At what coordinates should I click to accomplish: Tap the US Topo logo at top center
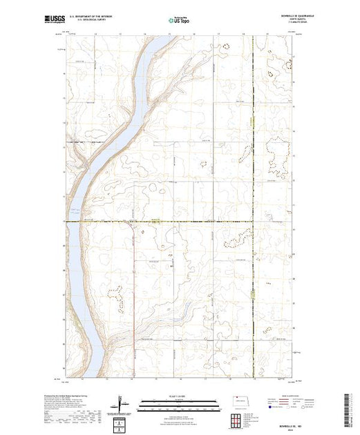(x=180, y=20)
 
